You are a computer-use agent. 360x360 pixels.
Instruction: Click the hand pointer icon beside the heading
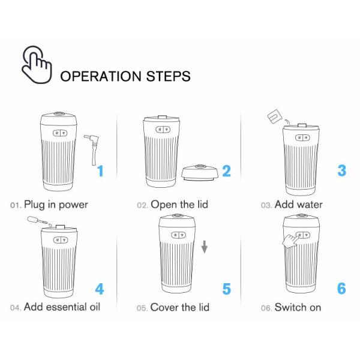click(37, 65)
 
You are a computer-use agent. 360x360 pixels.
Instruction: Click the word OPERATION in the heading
click(101, 76)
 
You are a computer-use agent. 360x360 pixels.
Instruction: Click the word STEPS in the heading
click(168, 76)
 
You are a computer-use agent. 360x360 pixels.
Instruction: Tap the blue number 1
click(100, 171)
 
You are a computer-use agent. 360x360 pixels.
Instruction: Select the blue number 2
click(227, 171)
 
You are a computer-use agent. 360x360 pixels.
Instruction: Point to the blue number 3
click(341, 170)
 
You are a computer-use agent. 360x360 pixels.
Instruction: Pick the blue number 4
click(100, 289)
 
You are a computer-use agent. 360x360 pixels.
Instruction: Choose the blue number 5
click(227, 289)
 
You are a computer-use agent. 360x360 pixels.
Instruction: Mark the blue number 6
click(341, 289)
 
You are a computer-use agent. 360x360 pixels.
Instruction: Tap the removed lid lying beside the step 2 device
click(200, 173)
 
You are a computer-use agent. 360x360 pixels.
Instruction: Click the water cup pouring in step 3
click(274, 116)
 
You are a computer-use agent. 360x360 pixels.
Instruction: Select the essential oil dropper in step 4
click(38, 220)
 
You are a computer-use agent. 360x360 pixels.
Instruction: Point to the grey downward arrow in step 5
click(205, 247)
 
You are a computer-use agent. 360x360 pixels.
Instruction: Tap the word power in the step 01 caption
click(73, 205)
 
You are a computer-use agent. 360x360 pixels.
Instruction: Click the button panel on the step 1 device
click(60, 133)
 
